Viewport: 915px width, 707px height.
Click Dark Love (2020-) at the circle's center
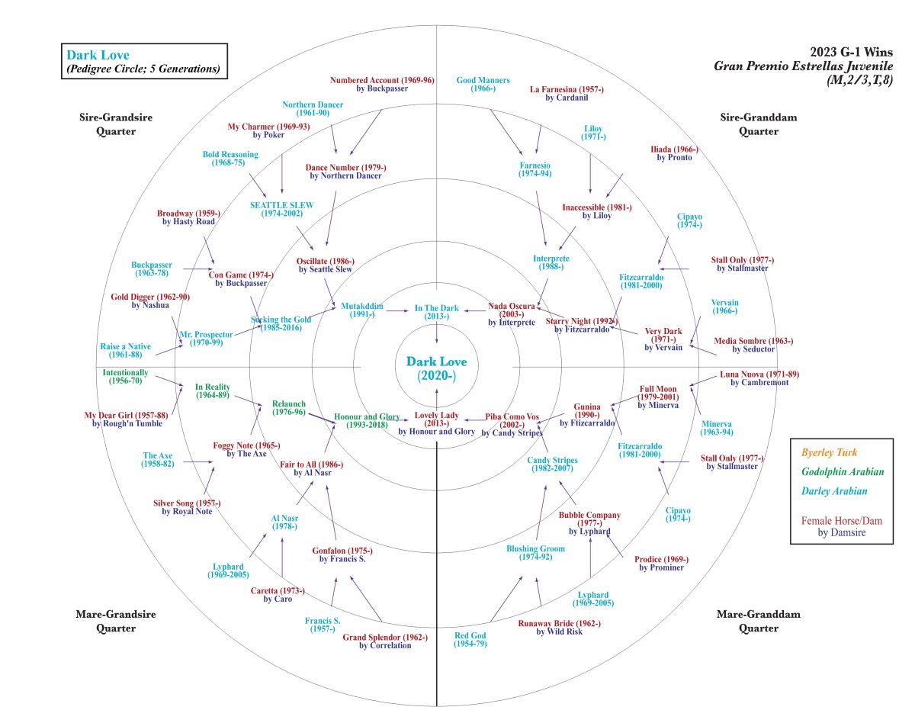click(435, 368)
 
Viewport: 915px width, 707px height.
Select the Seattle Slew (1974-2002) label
click(281, 209)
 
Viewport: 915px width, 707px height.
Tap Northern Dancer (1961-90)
click(305, 108)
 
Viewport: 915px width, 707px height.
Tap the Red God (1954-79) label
click(470, 639)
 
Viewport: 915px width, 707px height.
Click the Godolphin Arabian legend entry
click(843, 472)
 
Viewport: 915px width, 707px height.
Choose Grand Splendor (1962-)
click(385, 641)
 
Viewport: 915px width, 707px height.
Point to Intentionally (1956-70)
click(125, 377)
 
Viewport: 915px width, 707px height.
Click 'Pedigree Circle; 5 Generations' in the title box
click(143, 69)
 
